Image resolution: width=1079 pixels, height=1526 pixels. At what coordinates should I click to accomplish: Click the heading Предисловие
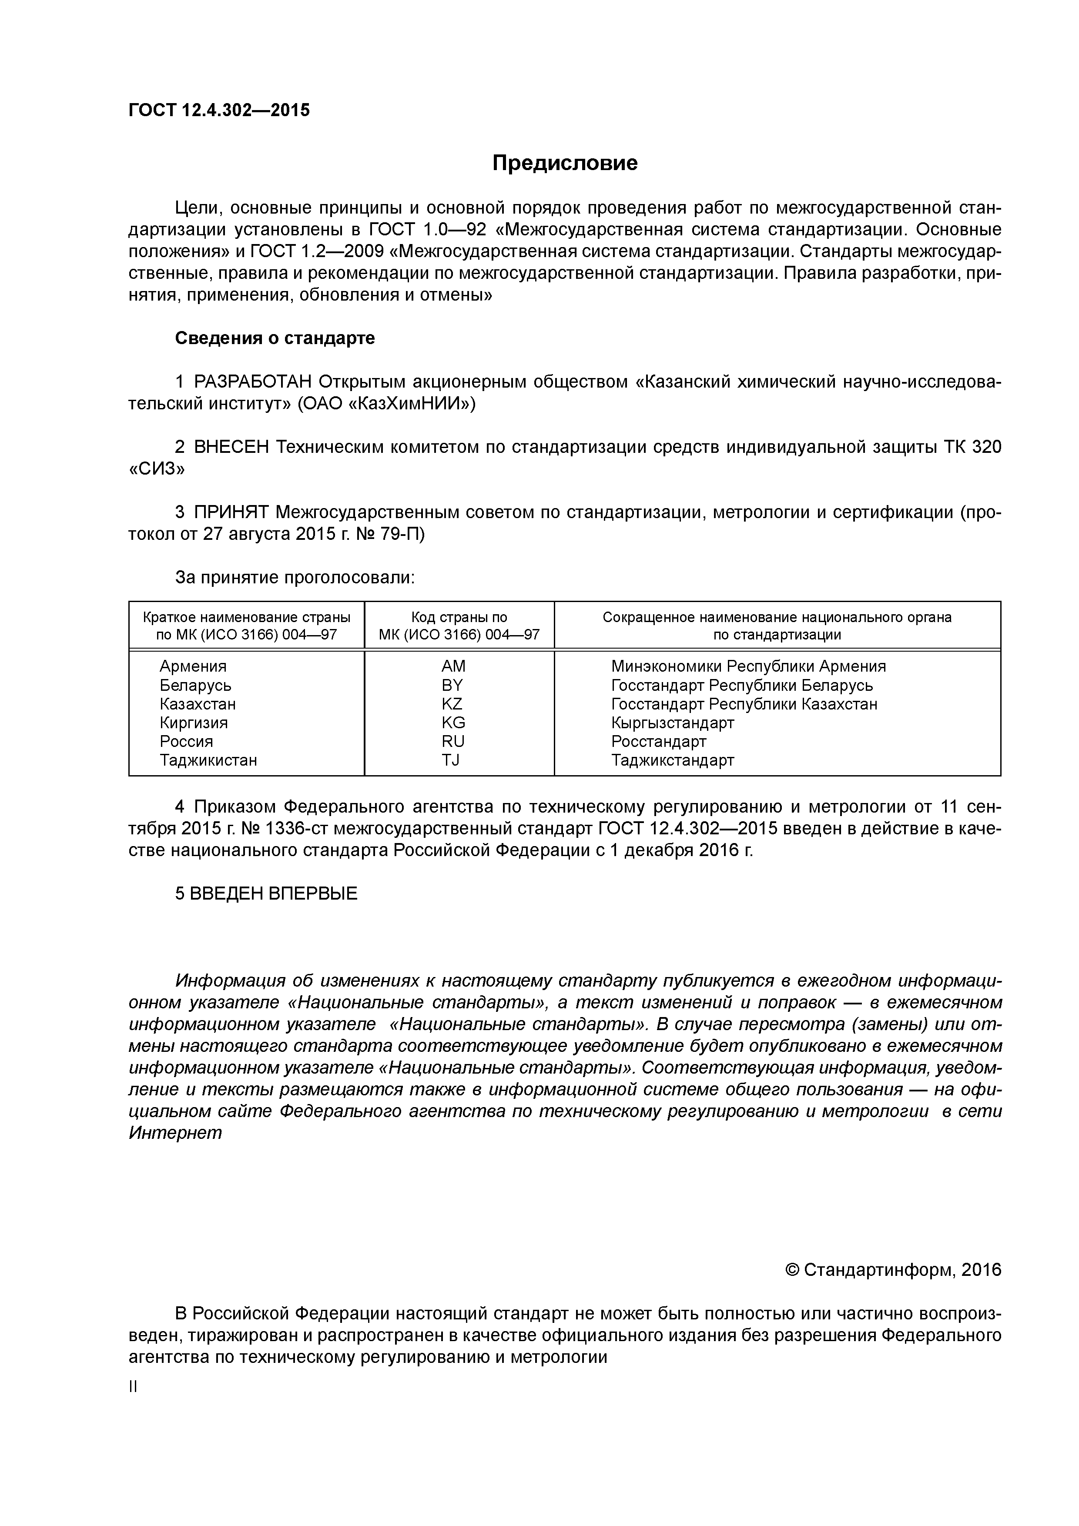[564, 163]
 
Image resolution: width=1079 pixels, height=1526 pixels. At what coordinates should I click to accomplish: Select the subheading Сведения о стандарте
[275, 338]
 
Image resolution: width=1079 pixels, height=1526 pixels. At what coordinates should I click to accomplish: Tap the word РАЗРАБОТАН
[253, 382]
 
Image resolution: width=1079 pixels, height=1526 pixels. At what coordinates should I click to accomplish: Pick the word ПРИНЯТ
[231, 512]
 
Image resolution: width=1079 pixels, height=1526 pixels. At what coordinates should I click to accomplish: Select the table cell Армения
[193, 666]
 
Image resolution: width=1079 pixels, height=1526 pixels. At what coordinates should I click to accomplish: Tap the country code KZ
[452, 704]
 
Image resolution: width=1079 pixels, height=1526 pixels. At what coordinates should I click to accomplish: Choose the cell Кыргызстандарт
[672, 723]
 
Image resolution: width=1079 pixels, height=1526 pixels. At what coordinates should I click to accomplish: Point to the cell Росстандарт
[658, 741]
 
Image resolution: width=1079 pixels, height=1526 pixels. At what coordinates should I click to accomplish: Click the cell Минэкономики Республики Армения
[748, 666]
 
